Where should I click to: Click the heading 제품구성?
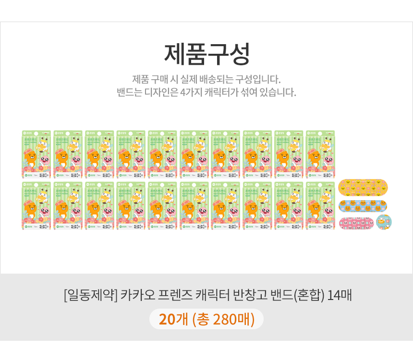point(206,54)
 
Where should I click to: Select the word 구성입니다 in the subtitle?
point(262,79)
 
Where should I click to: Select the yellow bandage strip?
point(364,187)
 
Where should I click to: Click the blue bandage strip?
point(364,206)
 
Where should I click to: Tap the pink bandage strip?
point(356,223)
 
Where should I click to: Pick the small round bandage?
point(384,222)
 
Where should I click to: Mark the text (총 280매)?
point(223,319)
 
